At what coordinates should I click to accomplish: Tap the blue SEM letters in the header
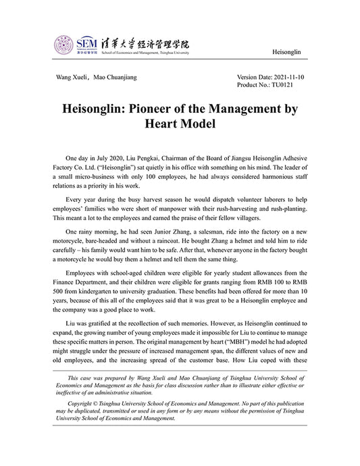tap(87, 42)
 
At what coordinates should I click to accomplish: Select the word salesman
tap(220, 231)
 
